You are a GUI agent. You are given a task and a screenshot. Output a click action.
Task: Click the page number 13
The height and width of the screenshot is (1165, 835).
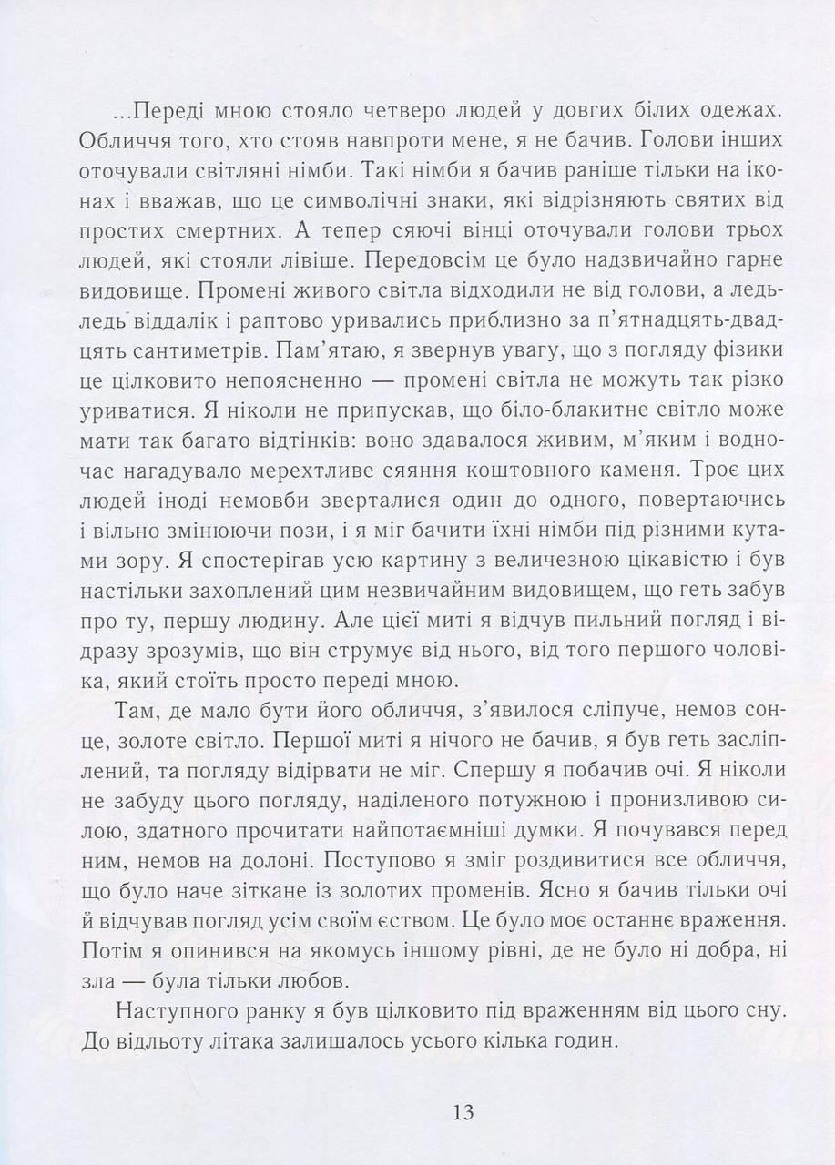(x=463, y=1111)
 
